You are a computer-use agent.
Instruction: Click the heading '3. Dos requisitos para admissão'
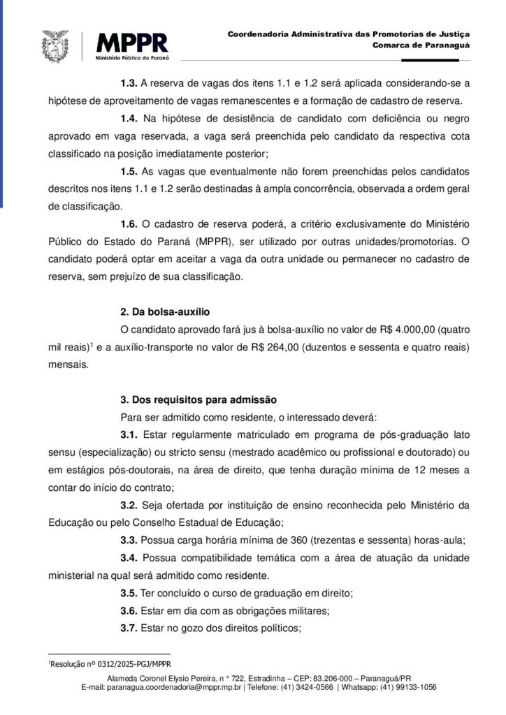(x=198, y=400)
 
